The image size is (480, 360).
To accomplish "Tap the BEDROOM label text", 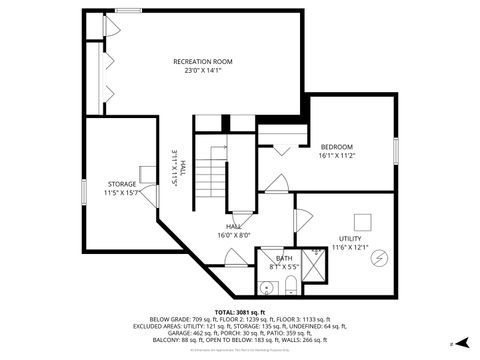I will [337, 146].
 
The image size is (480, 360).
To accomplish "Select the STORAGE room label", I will [122, 184].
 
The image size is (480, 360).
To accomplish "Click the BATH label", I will [284, 259].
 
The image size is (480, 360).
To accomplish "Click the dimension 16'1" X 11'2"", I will [337, 156].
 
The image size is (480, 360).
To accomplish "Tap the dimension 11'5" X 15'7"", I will [122, 193].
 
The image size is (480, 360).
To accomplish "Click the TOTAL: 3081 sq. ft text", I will [240, 311].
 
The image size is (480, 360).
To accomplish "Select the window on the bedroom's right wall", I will [397, 149].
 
